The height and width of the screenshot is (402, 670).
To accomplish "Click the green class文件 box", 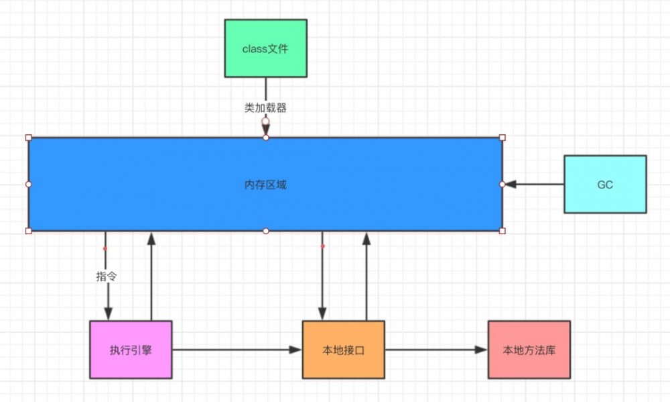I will tap(265, 48).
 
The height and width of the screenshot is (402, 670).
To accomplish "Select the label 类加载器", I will tap(265, 107).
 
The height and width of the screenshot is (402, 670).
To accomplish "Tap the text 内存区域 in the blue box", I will tap(265, 185).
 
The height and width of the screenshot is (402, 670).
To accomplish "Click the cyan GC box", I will tap(605, 185).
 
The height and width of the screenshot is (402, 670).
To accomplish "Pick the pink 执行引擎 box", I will tap(131, 350).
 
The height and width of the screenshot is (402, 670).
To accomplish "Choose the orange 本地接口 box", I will tap(343, 350).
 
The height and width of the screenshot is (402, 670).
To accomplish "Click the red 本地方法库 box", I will tap(529, 350).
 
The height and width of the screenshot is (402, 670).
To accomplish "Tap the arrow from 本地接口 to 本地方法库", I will tap(435, 350).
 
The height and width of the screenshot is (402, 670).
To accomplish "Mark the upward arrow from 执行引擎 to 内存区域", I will tap(152, 275).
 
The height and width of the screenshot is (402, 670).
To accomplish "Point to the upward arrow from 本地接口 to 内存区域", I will tap(366, 275).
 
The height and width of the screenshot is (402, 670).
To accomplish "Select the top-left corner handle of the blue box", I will tap(28, 138).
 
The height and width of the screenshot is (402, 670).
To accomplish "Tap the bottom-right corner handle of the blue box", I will tap(503, 231).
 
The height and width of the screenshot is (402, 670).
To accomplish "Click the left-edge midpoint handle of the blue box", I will tap(28, 184).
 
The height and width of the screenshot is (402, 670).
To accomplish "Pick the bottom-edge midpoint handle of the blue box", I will tap(265, 231).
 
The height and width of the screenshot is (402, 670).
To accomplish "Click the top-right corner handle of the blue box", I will tap(503, 138).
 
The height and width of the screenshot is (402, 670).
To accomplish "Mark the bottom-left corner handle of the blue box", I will tap(28, 231).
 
